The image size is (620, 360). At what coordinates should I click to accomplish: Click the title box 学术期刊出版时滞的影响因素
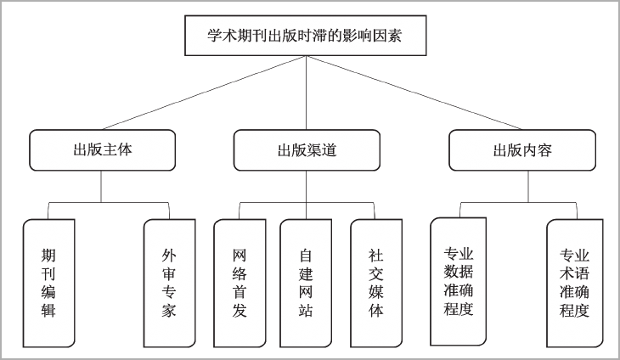[x=305, y=36]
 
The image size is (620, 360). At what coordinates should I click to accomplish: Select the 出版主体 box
[x=103, y=150]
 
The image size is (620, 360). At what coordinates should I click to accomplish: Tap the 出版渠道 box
[x=307, y=150]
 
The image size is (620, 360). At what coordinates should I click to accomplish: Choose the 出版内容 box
[x=522, y=150]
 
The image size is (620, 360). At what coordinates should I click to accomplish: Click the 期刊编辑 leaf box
[x=49, y=284]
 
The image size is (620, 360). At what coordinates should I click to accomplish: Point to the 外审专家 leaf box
[x=169, y=284]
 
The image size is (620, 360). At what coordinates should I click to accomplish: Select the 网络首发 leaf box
[x=240, y=284]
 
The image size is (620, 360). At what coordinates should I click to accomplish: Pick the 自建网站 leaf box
[x=306, y=284]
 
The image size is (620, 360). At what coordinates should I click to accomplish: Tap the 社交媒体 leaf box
[x=376, y=284]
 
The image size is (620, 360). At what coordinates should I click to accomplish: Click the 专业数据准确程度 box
[x=459, y=281]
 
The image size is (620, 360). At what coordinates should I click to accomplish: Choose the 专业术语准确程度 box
[x=574, y=284]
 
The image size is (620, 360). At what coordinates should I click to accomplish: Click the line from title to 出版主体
[x=204, y=93]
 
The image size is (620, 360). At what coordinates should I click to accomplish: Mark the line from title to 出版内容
[x=414, y=93]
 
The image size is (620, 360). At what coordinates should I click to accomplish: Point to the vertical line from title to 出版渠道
[x=306, y=93]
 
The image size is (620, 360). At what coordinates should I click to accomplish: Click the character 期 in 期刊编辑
[x=48, y=256]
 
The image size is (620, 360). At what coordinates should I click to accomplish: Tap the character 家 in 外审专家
[x=168, y=311]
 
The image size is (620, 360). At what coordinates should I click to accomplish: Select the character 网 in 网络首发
[x=240, y=256]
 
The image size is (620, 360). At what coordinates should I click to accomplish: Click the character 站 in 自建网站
[x=306, y=311]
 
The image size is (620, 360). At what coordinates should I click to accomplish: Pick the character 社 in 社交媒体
[x=376, y=256]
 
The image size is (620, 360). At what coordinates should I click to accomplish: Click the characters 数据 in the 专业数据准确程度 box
[x=459, y=272]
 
